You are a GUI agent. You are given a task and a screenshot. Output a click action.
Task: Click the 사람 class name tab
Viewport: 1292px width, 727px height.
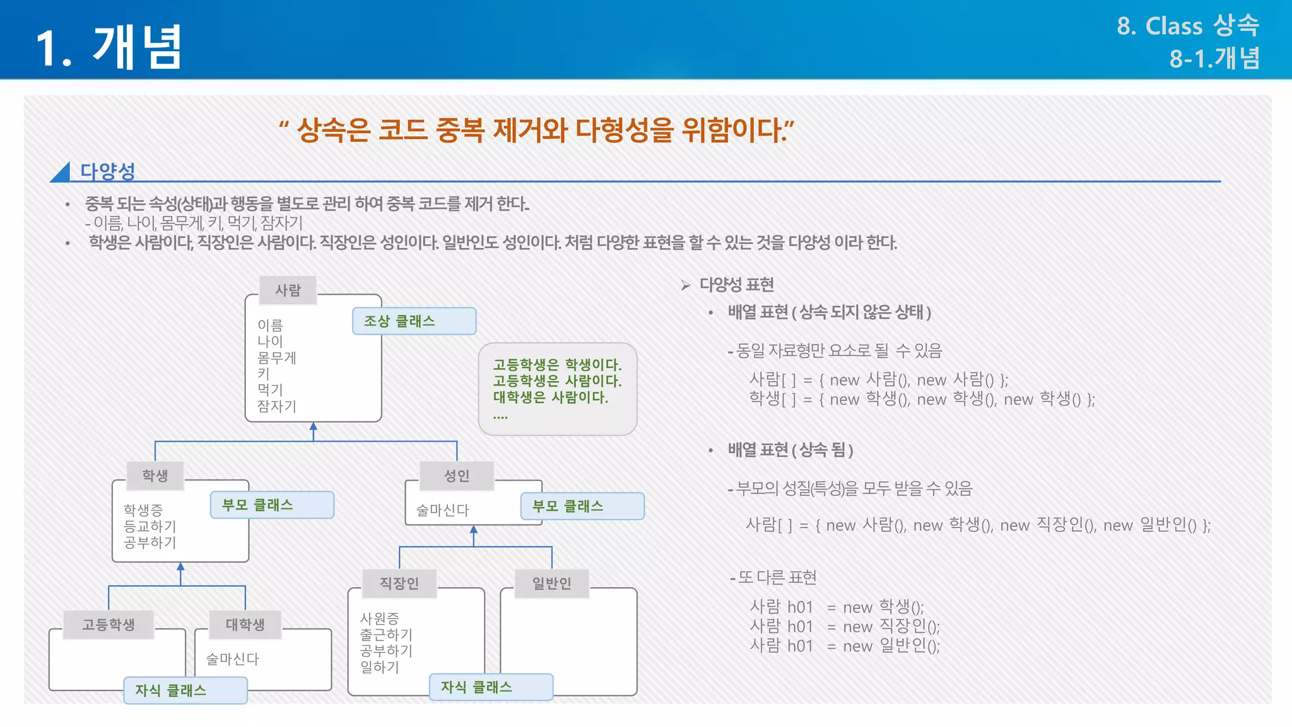tap(288, 290)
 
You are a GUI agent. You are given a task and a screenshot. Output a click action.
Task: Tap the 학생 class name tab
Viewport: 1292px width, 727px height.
tap(155, 476)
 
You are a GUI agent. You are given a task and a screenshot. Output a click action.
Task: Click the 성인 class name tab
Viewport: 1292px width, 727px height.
tap(456, 476)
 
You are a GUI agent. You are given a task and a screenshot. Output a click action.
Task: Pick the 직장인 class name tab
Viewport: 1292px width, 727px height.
tap(399, 583)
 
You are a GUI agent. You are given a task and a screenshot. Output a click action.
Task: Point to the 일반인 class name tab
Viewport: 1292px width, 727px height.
tap(551, 583)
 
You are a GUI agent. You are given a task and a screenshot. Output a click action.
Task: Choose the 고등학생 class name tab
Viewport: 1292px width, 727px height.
tap(109, 625)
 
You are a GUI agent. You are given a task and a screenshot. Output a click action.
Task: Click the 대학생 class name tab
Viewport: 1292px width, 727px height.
tap(245, 625)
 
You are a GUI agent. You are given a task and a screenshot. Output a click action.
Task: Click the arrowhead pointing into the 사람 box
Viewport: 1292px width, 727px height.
tap(314, 427)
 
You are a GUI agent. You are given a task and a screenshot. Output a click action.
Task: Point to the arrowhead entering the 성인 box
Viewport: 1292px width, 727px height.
tap(474, 530)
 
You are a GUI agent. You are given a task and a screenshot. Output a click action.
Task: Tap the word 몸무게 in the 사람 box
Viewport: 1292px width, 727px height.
tap(276, 358)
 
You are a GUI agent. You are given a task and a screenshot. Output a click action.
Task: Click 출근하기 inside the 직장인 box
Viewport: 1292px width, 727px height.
tap(385, 634)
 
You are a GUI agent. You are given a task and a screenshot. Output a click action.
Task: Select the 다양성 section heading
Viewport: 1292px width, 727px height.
tap(107, 170)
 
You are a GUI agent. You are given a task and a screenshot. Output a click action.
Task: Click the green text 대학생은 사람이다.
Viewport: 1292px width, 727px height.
tap(550, 398)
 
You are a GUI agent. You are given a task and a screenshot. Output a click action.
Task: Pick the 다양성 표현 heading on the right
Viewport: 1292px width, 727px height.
tap(736, 285)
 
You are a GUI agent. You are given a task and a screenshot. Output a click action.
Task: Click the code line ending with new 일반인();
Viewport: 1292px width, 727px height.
tap(844, 646)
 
